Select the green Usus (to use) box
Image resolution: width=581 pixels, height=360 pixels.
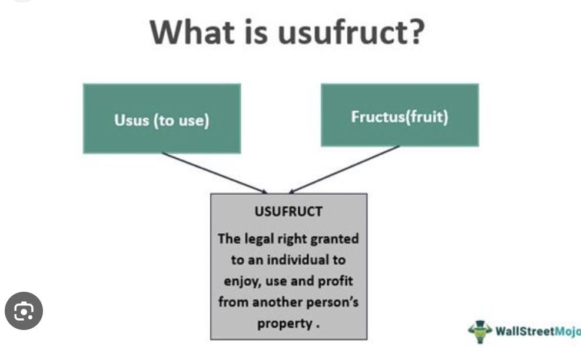tap(162, 118)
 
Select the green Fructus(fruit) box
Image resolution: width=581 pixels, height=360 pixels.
tap(400, 115)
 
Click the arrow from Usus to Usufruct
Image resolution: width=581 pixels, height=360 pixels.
tap(214, 173)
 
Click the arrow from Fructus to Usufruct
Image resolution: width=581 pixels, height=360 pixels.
tap(344, 169)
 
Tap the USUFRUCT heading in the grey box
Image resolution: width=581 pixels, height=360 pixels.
tap(288, 212)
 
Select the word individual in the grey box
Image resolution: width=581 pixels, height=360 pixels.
tap(298, 259)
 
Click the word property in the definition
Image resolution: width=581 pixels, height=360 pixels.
tap(284, 324)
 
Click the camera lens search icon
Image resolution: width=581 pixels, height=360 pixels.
tap(24, 311)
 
